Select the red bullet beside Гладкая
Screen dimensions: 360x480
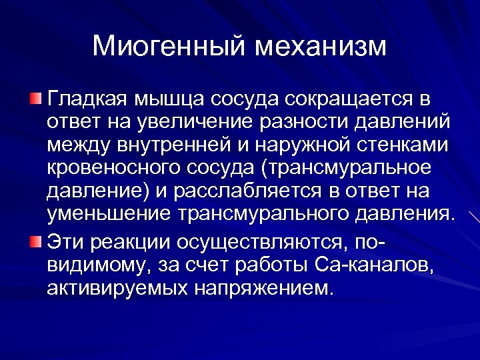click(35, 100)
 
